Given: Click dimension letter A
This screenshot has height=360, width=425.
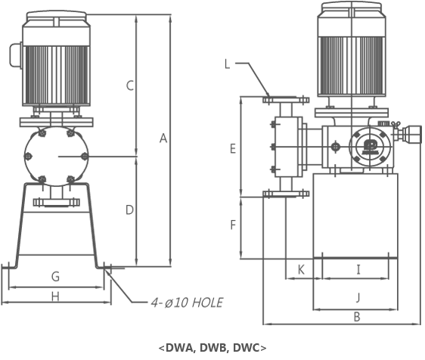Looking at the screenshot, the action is click(x=163, y=138).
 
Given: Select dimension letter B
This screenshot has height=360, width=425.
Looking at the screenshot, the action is click(x=357, y=317).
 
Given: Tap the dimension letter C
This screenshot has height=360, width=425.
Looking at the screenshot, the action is click(x=130, y=85).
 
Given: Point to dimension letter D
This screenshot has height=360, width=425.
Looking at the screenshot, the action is click(x=129, y=210).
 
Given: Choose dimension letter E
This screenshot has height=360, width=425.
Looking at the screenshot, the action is click(x=233, y=149).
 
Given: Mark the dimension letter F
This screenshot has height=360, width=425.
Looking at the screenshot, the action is click(x=233, y=225).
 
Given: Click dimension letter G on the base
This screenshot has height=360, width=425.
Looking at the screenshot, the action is click(x=55, y=277).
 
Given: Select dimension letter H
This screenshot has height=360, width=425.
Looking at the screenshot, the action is click(x=55, y=297).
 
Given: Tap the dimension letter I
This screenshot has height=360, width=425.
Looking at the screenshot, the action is click(x=358, y=270).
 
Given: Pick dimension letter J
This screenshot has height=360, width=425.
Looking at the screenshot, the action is click(x=358, y=297).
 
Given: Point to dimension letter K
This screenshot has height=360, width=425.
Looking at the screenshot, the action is click(x=301, y=270).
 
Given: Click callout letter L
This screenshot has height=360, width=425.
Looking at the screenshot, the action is click(x=228, y=64).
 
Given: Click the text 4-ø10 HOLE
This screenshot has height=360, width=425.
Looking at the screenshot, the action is click(x=187, y=303).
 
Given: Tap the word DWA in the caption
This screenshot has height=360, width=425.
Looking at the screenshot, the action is click(x=179, y=348).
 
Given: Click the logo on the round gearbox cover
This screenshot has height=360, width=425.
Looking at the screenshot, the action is click(x=370, y=147).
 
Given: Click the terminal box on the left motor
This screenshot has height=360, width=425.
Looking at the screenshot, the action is click(x=16, y=55).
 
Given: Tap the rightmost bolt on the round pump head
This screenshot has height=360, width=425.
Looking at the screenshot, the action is click(x=85, y=157).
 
